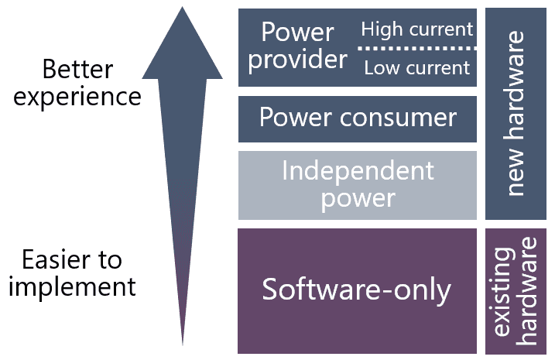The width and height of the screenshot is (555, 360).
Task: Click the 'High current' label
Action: pos(416,29)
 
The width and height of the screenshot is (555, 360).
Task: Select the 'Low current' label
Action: pos(416,68)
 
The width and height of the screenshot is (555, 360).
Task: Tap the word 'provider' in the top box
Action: pos(297,60)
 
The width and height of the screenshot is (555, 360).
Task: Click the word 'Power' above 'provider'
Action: pos(297,33)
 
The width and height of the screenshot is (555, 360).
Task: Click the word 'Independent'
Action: pos(358,170)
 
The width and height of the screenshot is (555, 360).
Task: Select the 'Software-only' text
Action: pos(356,290)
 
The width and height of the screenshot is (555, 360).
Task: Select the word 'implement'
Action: pos(73,286)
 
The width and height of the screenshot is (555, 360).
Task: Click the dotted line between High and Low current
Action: pos(416,49)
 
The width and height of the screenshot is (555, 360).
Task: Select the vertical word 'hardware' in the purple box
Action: pos(529,291)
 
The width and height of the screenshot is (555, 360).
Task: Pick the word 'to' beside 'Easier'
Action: pos(111,259)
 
